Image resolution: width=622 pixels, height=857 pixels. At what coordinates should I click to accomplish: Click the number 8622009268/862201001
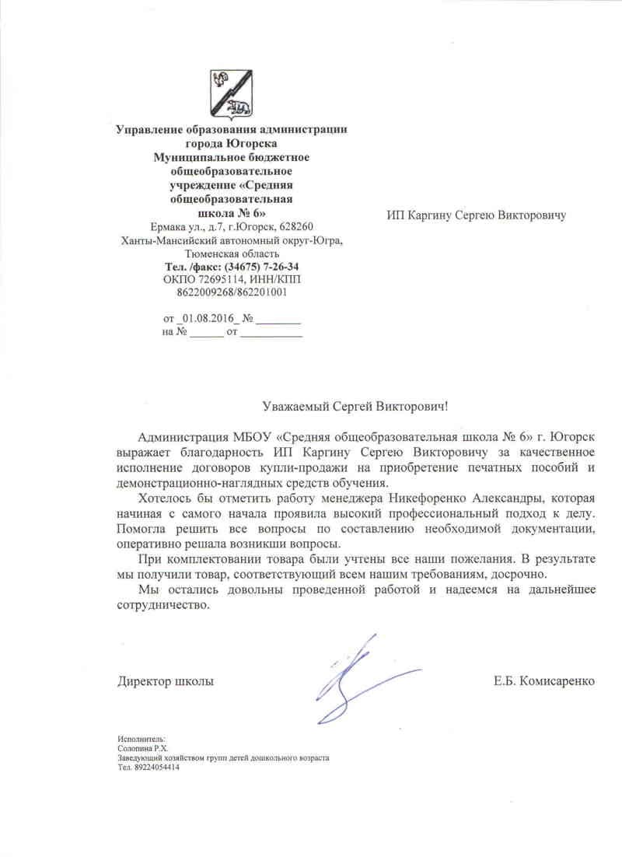(232, 293)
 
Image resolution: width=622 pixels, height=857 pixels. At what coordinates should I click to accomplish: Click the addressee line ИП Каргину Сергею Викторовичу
(476, 215)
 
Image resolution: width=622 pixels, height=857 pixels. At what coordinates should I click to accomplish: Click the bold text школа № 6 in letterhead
(230, 212)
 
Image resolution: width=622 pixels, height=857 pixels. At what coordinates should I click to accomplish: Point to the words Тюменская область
(232, 254)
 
